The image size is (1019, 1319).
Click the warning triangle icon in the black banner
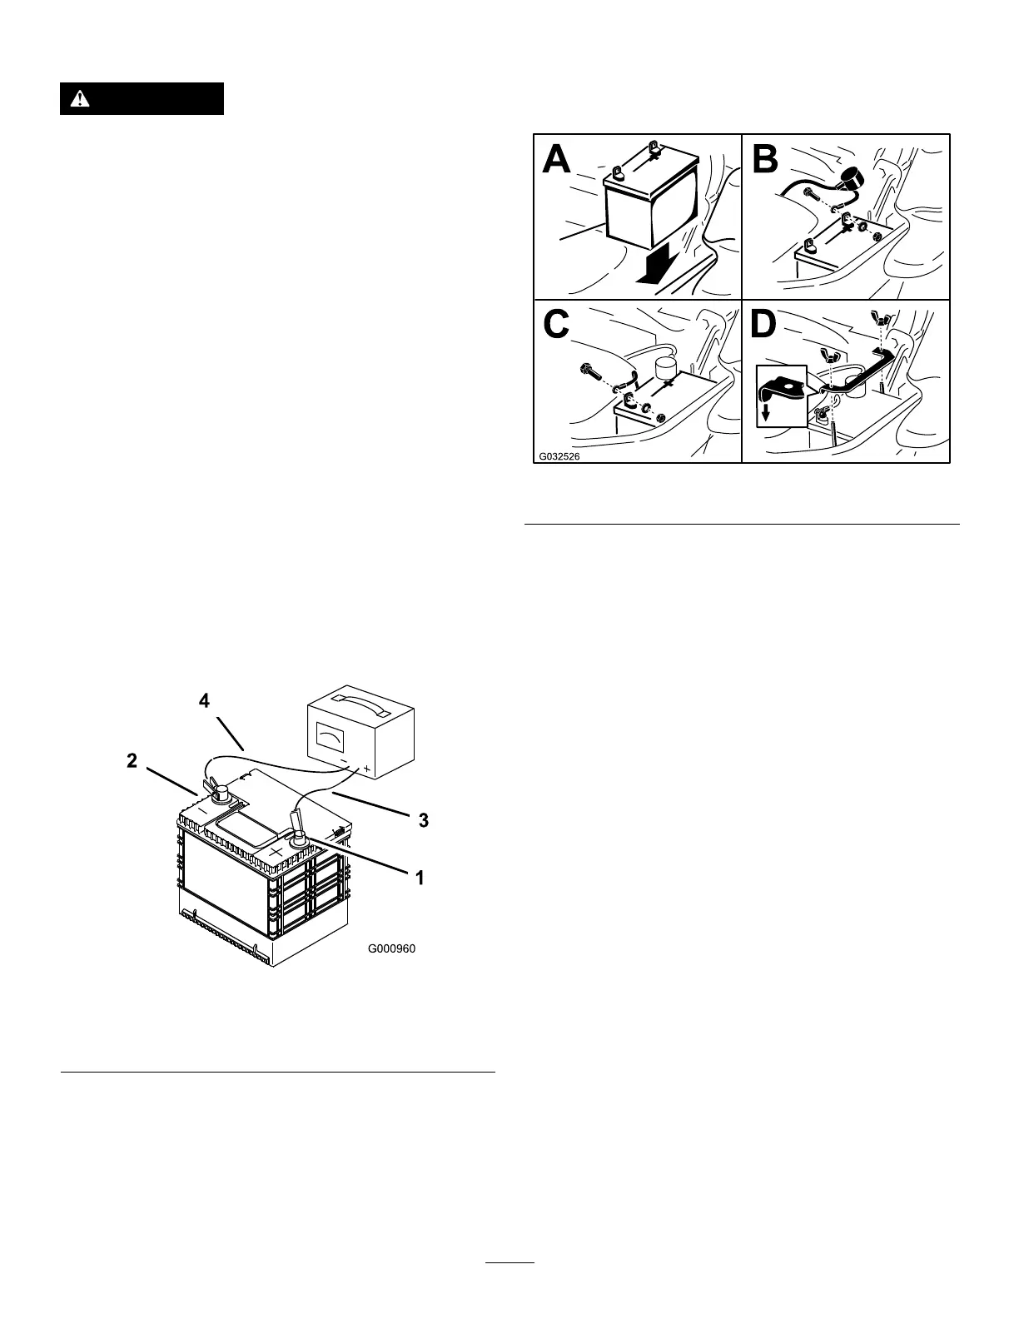[79, 99]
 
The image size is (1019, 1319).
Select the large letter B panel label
[766, 160]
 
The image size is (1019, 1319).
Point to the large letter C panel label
[557, 325]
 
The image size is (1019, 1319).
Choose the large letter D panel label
[764, 325]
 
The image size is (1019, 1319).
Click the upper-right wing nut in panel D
[879, 317]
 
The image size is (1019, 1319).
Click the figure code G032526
[559, 456]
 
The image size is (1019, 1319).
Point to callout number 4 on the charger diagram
[204, 701]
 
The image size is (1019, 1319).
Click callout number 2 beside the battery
[131, 759]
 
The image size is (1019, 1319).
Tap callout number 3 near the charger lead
[423, 820]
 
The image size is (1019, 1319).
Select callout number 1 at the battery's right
[420, 877]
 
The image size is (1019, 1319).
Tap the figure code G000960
[391, 948]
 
